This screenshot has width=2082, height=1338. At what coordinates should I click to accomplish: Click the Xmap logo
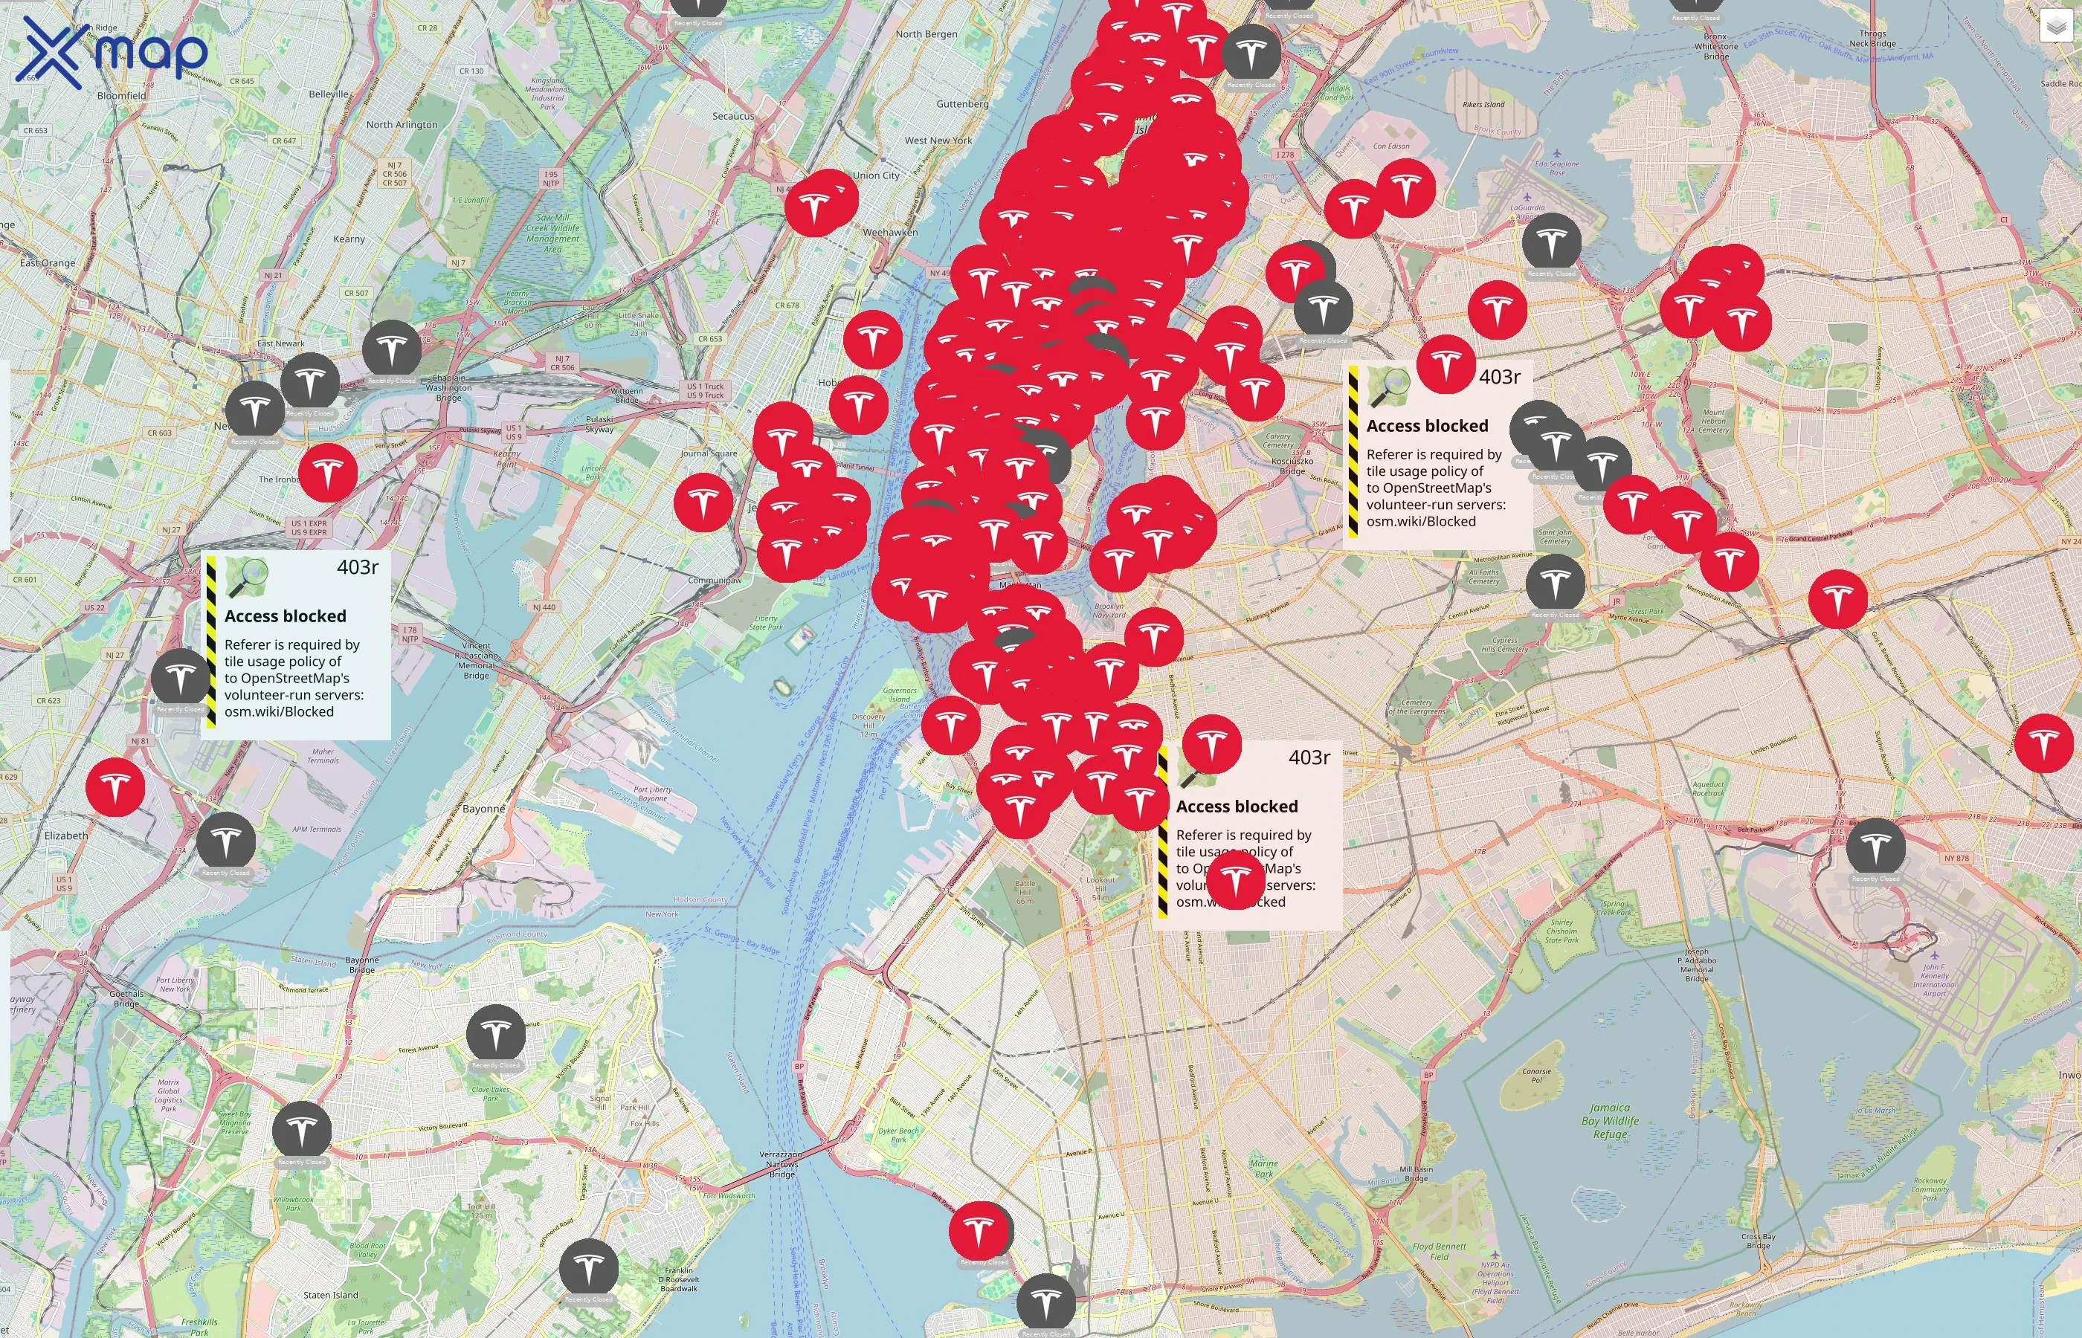[x=112, y=52]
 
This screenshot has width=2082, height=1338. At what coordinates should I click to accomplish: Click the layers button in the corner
[x=2056, y=27]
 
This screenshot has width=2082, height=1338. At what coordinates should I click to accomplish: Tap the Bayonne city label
[x=483, y=809]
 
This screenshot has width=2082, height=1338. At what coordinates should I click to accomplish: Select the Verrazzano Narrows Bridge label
[x=781, y=1164]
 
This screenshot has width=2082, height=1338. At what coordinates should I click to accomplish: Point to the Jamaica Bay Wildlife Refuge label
[x=1609, y=1121]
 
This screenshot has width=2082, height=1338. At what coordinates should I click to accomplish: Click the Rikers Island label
[x=1483, y=104]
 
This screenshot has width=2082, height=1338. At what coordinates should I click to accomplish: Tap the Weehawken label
[x=890, y=232]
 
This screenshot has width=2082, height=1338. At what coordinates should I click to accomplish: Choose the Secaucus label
[x=733, y=115]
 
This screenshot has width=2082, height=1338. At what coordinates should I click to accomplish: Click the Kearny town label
[x=349, y=239]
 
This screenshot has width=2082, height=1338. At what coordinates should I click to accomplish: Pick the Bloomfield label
[x=122, y=96]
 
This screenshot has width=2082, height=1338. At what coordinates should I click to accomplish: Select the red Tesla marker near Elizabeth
[x=115, y=786]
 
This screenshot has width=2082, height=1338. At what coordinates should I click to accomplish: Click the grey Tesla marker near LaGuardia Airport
[x=1551, y=242]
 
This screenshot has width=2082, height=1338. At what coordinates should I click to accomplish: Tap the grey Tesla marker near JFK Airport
[x=1875, y=846]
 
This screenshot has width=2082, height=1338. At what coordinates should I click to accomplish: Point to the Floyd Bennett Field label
[x=1439, y=1251]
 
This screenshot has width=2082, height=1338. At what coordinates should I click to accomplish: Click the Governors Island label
[x=900, y=695]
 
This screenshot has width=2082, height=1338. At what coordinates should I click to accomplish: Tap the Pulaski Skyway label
[x=599, y=423]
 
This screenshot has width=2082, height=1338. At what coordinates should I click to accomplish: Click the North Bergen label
[x=926, y=34]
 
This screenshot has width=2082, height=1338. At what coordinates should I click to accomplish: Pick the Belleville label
[x=329, y=94]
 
